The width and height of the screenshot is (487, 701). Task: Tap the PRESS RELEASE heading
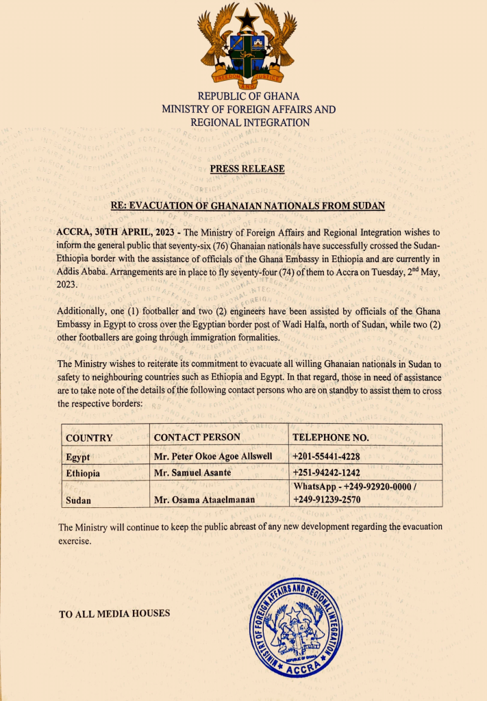pos(247,168)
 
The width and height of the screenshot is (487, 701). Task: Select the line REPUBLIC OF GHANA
pos(249,97)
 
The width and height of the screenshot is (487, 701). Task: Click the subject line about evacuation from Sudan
pos(248,205)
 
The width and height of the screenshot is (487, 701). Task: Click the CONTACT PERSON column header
pos(197,437)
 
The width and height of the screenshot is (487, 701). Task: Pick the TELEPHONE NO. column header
pos(331,437)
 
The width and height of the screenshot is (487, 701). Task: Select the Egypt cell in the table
pos(78,457)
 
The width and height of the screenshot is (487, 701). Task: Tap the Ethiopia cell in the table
pos(83,473)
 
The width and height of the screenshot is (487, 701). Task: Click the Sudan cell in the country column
pos(79,500)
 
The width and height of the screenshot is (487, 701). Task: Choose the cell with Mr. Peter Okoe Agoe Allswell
pos(213,456)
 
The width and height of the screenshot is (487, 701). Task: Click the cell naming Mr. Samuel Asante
pos(192,472)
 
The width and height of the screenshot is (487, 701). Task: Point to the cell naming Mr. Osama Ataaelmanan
pos(205,500)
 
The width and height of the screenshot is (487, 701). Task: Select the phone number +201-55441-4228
pos(327,456)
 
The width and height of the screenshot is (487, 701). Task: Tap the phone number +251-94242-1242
pos(327,472)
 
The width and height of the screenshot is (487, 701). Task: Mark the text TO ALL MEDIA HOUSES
pos(114,613)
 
